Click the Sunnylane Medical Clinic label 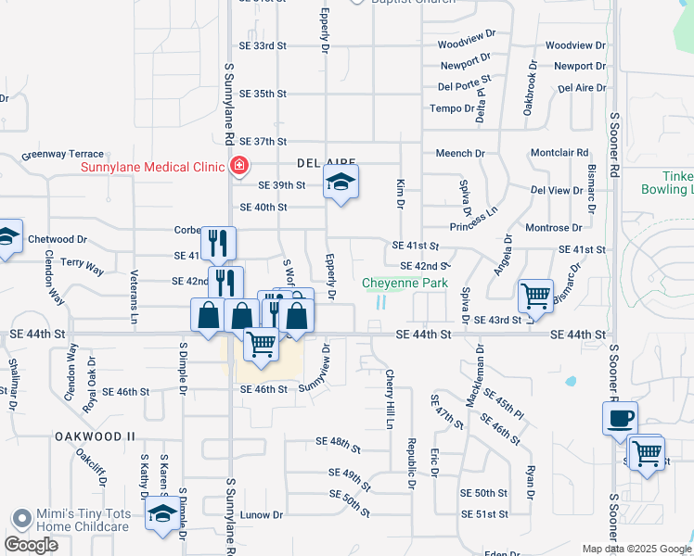pyautogui.click(x=153, y=167)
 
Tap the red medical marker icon pyautogui.click(x=239, y=167)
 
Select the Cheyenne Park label pyautogui.click(x=405, y=284)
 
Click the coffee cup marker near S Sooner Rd pyautogui.click(x=620, y=418)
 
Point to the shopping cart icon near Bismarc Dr pyautogui.click(x=535, y=297)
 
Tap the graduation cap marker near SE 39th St pyautogui.click(x=341, y=183)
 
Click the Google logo pyautogui.click(x=31, y=545)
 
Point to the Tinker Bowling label pyautogui.click(x=666, y=183)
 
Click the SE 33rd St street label pyautogui.click(x=263, y=45)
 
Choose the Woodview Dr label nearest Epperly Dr pyautogui.click(x=461, y=44)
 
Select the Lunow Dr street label pyautogui.click(x=261, y=514)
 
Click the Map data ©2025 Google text pyautogui.click(x=636, y=549)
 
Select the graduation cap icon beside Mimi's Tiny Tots pyautogui.click(x=162, y=514)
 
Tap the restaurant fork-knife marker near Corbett pyautogui.click(x=218, y=243)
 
